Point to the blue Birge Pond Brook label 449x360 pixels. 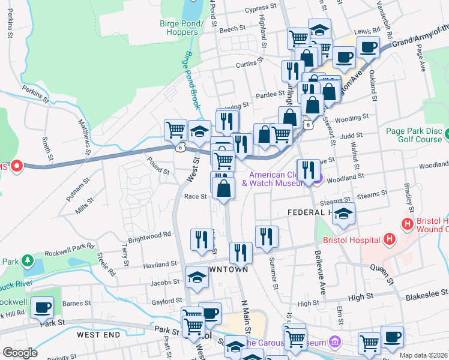(190, 80)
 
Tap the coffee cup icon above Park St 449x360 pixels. (42, 308)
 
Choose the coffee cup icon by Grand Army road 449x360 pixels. (368, 47)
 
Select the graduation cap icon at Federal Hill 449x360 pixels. (343, 214)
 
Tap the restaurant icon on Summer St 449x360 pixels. (266, 237)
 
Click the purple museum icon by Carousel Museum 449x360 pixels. (336, 343)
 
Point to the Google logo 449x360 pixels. (20, 353)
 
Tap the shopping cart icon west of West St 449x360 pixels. (176, 130)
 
